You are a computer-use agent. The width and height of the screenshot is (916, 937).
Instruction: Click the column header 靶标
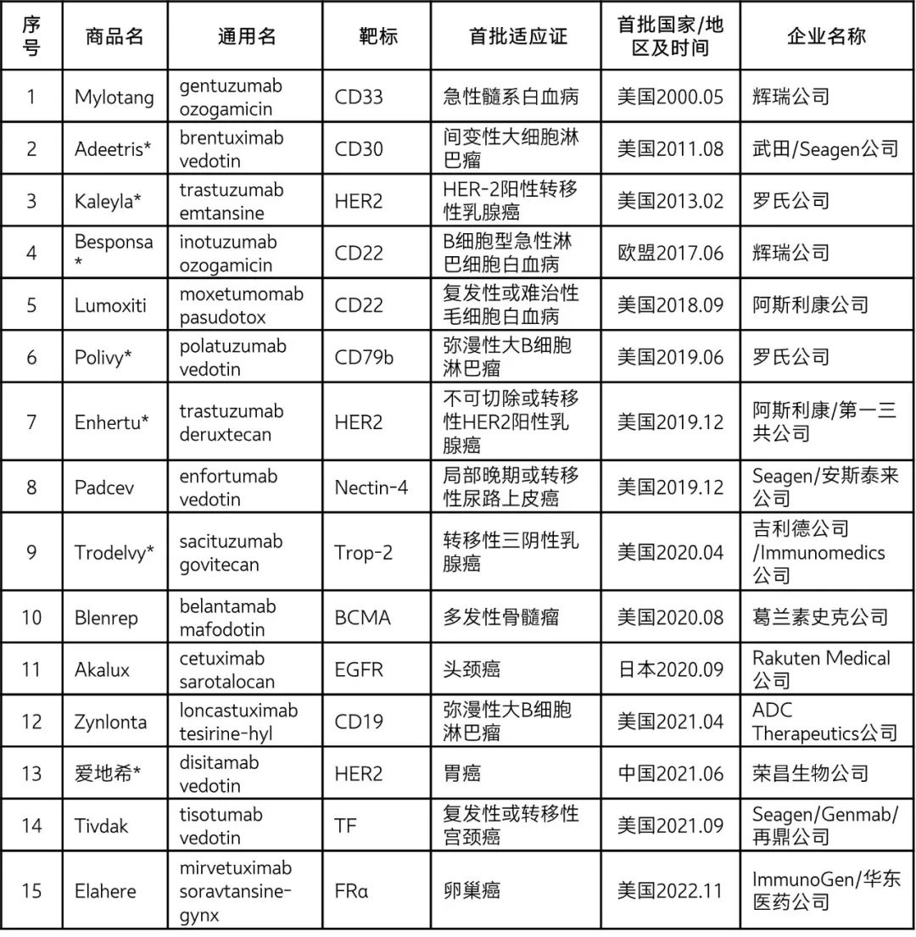[x=377, y=37]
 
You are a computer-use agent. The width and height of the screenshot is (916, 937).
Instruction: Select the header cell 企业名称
[x=826, y=37]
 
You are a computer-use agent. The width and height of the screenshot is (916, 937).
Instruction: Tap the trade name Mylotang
[x=114, y=97]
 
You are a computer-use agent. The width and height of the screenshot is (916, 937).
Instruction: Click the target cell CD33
[x=359, y=97]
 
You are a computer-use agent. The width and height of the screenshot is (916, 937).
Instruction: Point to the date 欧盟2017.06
[x=670, y=253]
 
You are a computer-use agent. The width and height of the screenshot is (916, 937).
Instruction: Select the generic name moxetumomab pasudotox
[x=241, y=305]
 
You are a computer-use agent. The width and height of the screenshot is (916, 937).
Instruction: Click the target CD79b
[x=365, y=357]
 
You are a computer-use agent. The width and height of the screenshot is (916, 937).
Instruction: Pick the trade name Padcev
[x=104, y=488]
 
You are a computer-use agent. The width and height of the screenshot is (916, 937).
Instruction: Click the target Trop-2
[x=364, y=553]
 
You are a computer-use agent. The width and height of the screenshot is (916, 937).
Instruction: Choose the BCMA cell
[x=363, y=617]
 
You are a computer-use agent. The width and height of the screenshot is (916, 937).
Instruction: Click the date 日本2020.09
[x=670, y=669]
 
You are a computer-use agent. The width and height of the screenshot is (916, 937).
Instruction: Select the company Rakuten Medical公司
[x=821, y=669]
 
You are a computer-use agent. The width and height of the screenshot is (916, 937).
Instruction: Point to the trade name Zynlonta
[x=111, y=722]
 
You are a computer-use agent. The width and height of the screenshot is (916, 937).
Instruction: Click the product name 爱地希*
[x=107, y=773]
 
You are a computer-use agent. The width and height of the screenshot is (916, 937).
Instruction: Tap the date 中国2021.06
[x=670, y=773]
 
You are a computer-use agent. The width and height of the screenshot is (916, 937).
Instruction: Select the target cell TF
[x=346, y=825]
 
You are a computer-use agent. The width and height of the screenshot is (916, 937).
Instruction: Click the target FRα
[x=353, y=890]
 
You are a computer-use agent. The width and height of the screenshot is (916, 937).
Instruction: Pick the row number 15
[x=31, y=890]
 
